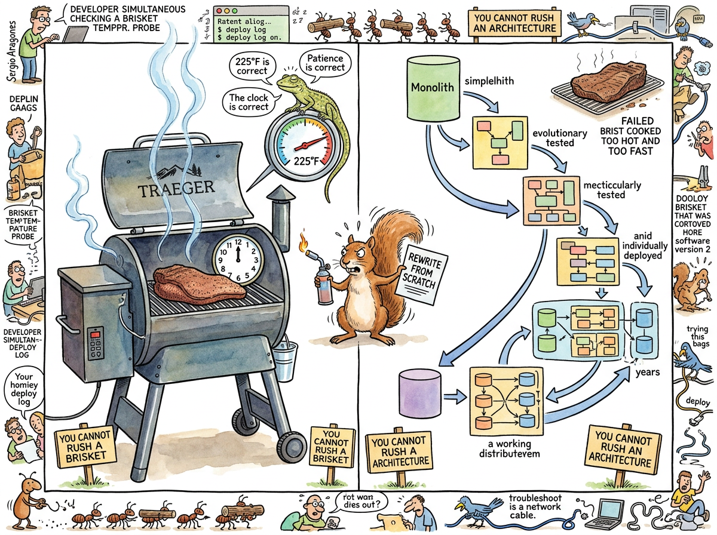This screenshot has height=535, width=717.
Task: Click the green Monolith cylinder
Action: pos(432,87)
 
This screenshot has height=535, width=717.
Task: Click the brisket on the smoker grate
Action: pos(198,283)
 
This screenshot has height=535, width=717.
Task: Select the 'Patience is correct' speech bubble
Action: pos(325,63)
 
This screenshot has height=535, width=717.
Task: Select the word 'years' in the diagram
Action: pos(647,373)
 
